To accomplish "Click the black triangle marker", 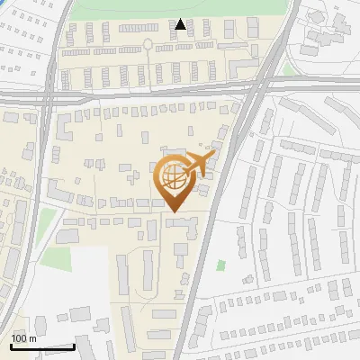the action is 181,25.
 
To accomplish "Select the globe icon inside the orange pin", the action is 171,175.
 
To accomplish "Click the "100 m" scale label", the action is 23,338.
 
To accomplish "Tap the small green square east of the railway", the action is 220,265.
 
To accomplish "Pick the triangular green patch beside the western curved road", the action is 46,217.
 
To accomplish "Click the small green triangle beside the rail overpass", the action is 287,68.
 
